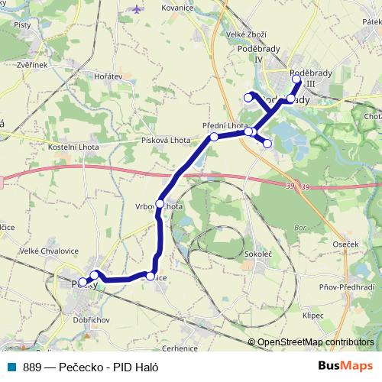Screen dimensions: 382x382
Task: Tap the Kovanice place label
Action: coord(176,8)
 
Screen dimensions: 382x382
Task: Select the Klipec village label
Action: coord(313,314)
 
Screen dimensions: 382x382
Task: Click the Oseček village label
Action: coord(346,244)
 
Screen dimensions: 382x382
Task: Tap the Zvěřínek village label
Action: coord(32,65)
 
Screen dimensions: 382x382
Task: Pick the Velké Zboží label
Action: coord(246,34)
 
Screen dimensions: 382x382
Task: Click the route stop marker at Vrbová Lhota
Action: coord(160,204)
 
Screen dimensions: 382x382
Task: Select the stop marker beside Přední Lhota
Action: coord(215,137)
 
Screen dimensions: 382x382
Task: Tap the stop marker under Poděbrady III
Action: coord(296,79)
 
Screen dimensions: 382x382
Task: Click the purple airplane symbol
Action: coord(138,9)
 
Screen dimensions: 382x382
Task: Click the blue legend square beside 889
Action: coord(12,366)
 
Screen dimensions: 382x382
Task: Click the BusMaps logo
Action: coord(345,366)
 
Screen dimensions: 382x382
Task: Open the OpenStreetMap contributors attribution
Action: coord(316,342)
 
